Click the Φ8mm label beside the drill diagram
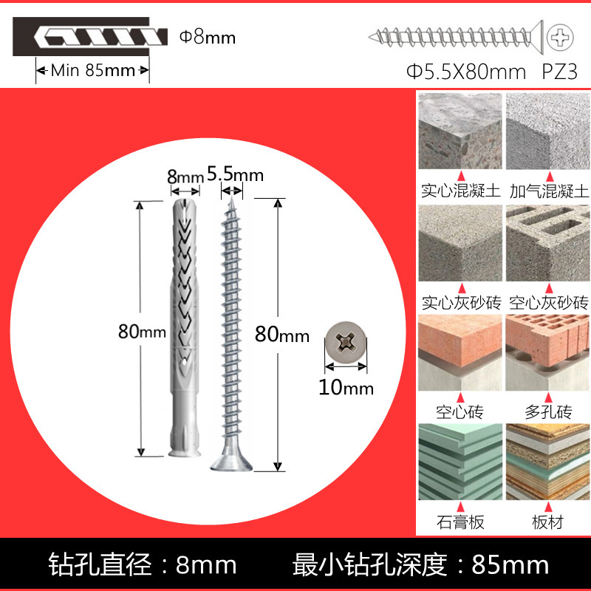coord(208,36)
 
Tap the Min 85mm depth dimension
coord(93,71)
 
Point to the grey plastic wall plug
coord(181,325)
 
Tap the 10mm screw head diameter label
coord(346,386)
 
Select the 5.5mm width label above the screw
coord(235,174)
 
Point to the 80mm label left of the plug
coord(142,332)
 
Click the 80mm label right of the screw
coord(282,335)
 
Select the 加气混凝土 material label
coord(548,191)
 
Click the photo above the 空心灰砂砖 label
coord(547,242)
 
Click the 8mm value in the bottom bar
coord(206,565)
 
